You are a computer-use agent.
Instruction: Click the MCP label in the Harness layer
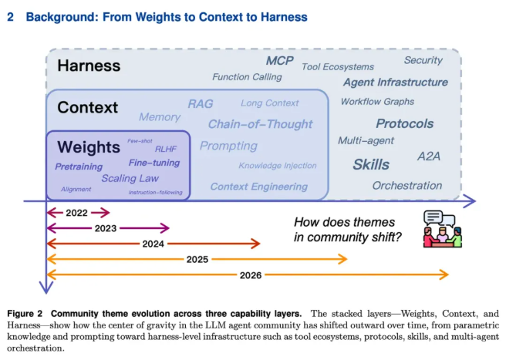[x=280, y=61]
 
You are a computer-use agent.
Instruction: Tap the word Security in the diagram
[x=423, y=60]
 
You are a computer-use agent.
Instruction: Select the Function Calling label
[x=247, y=77]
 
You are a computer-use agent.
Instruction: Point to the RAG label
[x=201, y=104]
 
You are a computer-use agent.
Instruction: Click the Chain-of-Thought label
[x=261, y=124]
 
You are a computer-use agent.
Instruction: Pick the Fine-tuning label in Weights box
[x=154, y=163]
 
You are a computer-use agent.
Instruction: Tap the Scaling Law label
[x=130, y=178]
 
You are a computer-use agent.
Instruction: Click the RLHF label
[x=166, y=149]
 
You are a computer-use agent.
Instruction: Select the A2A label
[x=429, y=156]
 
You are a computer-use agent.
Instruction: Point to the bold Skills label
[x=371, y=164]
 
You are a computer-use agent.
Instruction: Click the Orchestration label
[x=407, y=186]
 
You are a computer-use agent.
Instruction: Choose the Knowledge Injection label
[x=278, y=166]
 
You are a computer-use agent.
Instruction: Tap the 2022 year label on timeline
[x=77, y=213]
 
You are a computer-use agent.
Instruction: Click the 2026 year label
[x=251, y=275]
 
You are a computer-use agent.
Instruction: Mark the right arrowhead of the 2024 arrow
[x=256, y=244]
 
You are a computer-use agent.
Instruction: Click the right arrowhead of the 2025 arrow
[x=342, y=259]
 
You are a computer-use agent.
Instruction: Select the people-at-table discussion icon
[x=443, y=229]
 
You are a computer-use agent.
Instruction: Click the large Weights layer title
[x=89, y=147]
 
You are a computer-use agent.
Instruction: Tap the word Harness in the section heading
[x=284, y=17]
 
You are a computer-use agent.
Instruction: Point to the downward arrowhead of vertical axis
[x=46, y=288]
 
